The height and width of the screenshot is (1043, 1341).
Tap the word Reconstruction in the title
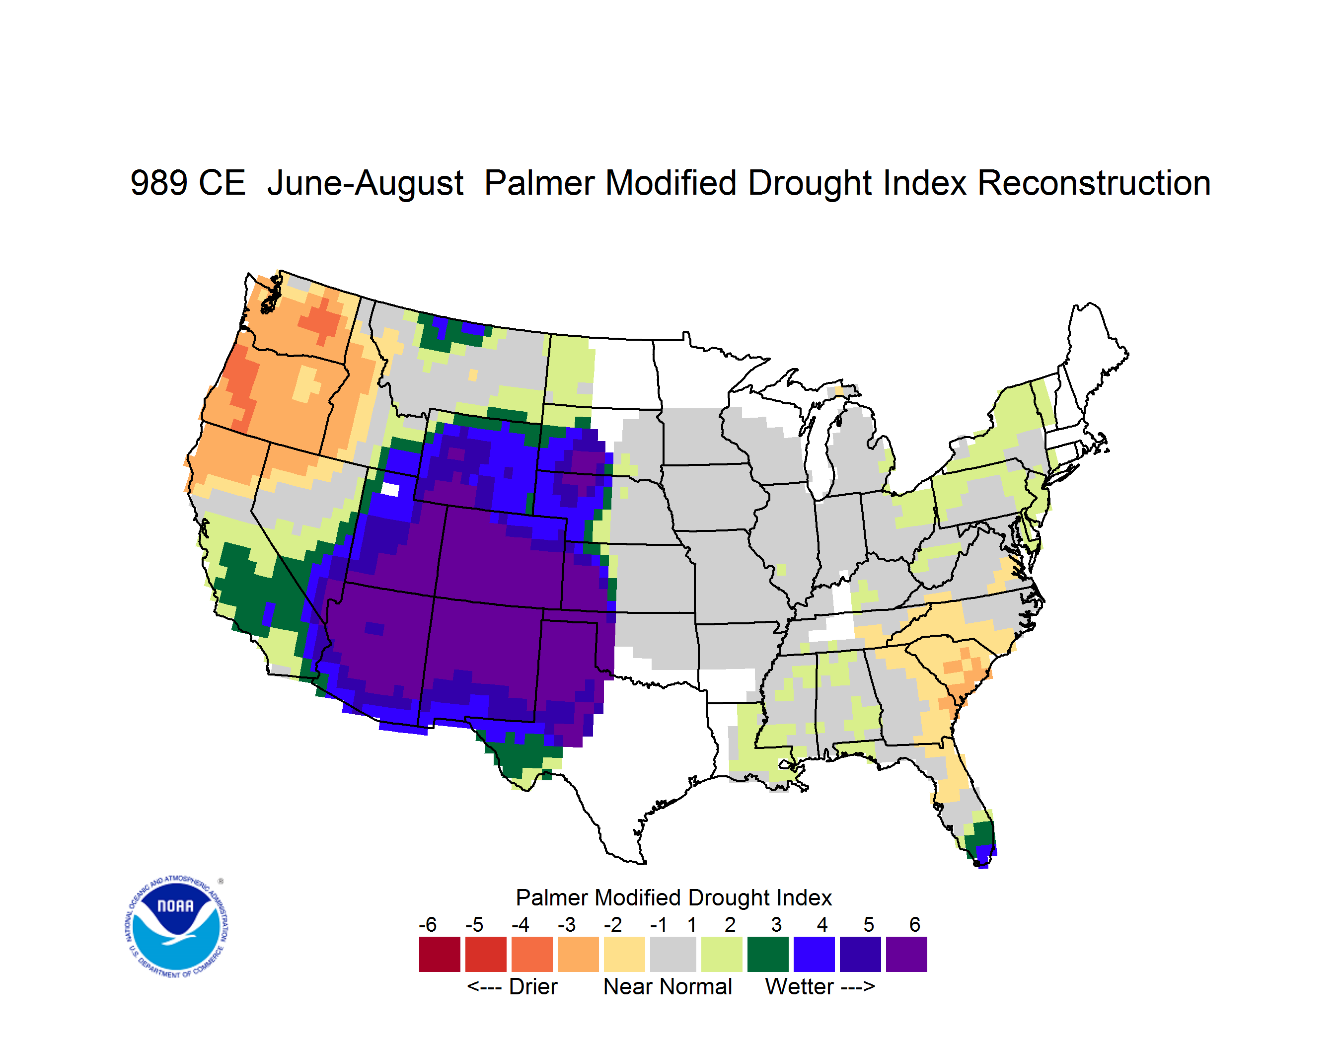(x=1094, y=183)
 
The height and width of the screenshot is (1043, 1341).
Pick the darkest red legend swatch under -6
(x=440, y=954)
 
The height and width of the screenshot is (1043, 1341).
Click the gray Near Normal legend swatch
(x=673, y=954)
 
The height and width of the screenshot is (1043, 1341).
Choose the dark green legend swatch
(x=767, y=954)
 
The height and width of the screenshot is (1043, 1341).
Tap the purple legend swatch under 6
(x=906, y=954)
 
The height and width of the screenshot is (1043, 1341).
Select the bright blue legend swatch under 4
(x=814, y=954)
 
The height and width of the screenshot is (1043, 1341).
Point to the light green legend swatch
(x=722, y=954)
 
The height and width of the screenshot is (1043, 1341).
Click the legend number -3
(x=566, y=924)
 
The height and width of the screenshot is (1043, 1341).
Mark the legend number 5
(x=869, y=924)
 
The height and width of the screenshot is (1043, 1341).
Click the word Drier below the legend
(x=533, y=986)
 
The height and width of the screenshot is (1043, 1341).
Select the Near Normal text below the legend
(x=668, y=986)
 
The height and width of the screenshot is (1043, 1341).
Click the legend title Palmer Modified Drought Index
(x=673, y=897)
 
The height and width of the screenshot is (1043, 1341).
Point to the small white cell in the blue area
(x=390, y=489)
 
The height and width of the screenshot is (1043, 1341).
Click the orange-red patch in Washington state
(x=320, y=319)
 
